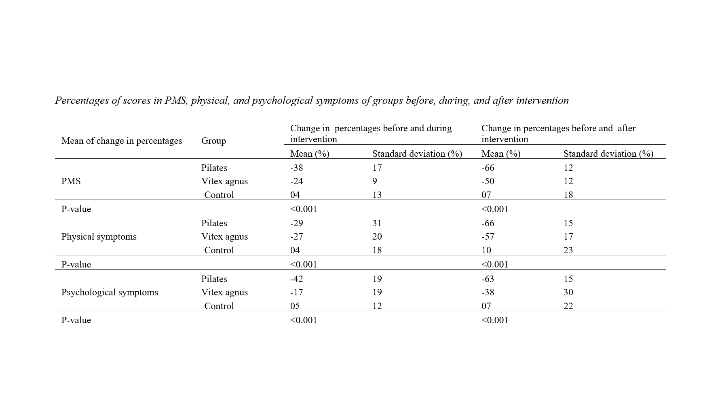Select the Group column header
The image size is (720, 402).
coord(213,141)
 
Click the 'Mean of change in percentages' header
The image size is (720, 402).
coord(122,141)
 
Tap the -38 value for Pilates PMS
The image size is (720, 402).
coord(296,168)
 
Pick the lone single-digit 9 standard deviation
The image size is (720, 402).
coord(375,181)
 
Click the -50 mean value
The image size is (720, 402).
coord(488,181)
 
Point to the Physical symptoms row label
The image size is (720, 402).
coord(99,236)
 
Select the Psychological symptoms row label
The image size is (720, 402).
coord(110,292)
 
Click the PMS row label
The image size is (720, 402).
coord(71,181)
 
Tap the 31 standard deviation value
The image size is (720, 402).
coord(377,223)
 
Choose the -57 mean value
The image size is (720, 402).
coord(488,236)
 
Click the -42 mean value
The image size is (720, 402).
coord(296,279)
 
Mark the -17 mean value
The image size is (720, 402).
coord(296,292)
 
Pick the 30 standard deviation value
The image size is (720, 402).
coord(568,292)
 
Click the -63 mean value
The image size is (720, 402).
coord(488,279)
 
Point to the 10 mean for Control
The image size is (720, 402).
coord(486,250)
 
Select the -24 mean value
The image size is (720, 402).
coord(296,181)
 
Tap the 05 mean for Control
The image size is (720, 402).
coord(295,306)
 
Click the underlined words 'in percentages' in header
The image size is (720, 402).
coord(351,128)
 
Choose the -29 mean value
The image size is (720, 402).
coord(296,223)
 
